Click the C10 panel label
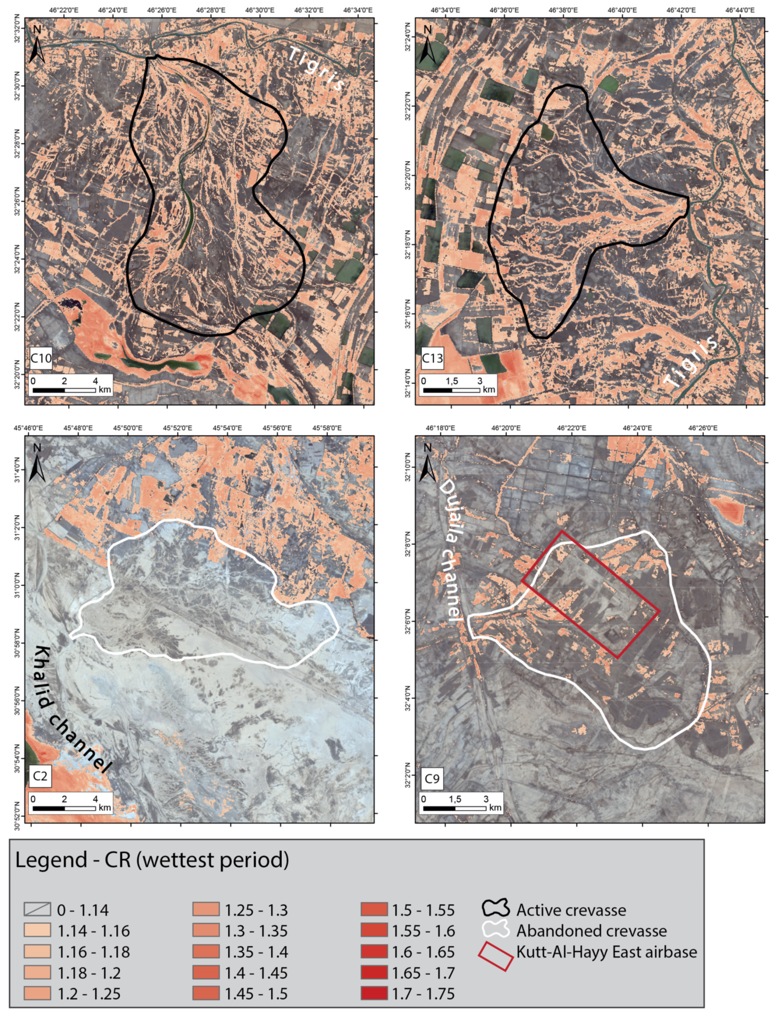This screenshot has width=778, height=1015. coord(41,358)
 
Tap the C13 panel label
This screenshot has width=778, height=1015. coord(432,358)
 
